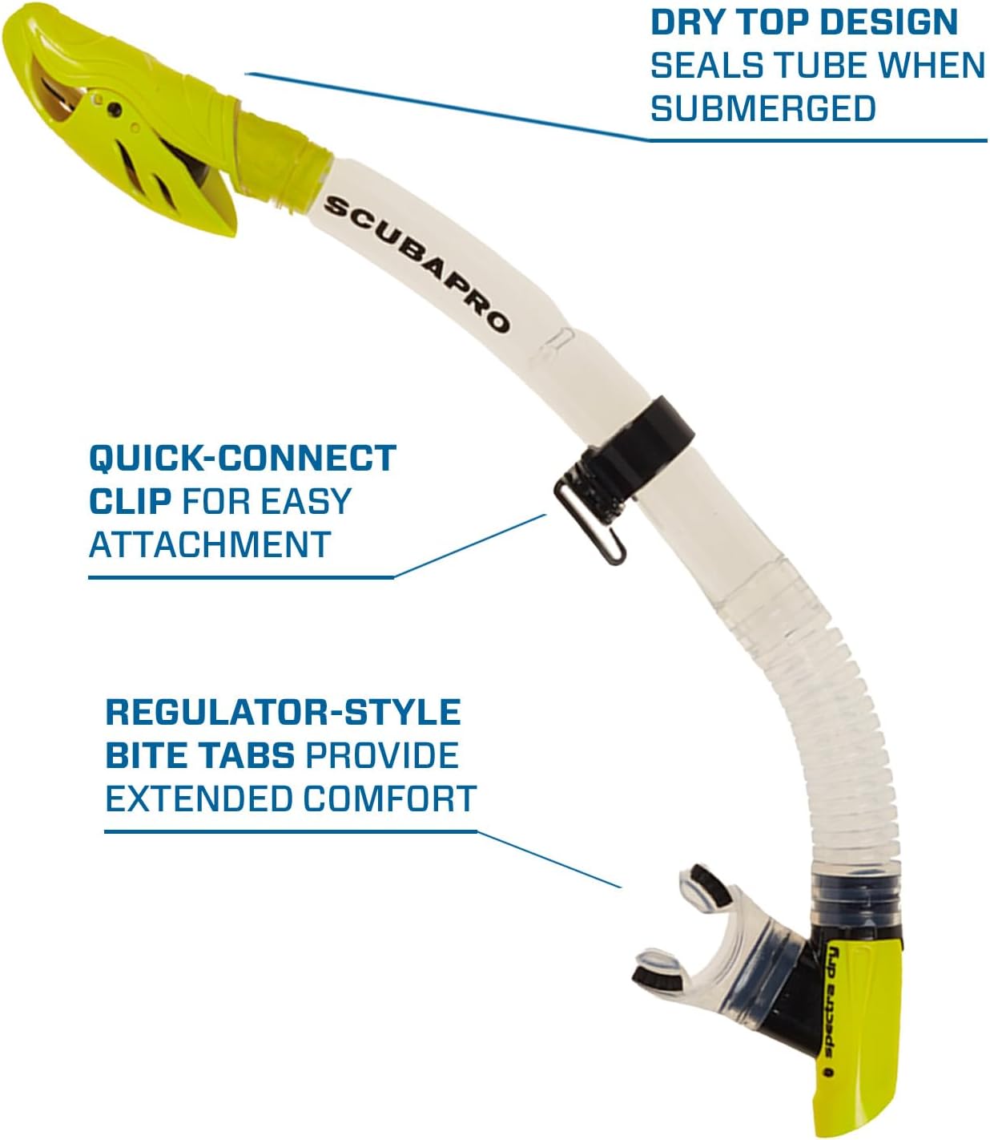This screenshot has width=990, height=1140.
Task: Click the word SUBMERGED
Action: [763, 108]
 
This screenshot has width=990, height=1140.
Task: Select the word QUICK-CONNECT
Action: [243, 458]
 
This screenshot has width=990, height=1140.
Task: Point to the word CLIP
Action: [130, 501]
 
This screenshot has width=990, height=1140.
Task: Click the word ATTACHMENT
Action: [210, 544]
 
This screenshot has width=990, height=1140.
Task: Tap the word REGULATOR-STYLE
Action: [283, 712]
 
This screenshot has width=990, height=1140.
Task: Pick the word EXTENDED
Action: [199, 798]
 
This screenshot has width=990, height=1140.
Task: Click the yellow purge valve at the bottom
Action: [857, 1042]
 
